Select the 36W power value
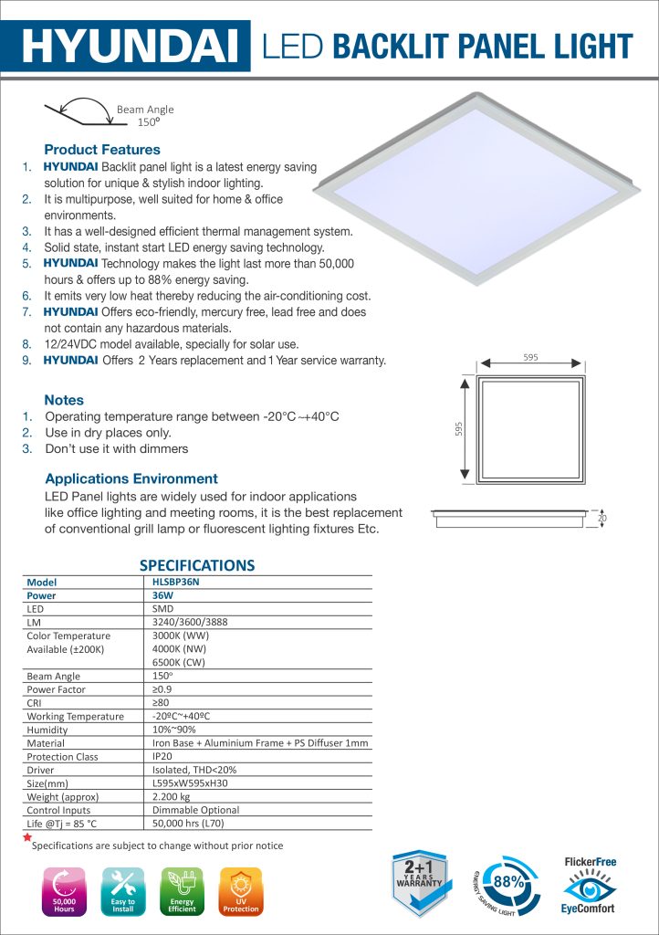coord(163,594)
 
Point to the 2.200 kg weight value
coord(171,796)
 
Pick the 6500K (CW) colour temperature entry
coord(179,662)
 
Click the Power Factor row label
coord(57,689)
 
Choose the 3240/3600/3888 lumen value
coord(190,622)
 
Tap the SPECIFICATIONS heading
coord(196,565)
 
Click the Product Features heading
coord(102,150)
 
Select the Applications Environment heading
coord(131,478)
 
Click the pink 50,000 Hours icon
coord(64,891)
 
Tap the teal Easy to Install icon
coord(122,891)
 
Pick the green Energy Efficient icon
coord(182,891)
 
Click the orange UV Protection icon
coord(241,891)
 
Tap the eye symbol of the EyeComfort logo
coord(589,885)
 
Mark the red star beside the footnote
coord(27,836)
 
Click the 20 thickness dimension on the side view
coord(602,519)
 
